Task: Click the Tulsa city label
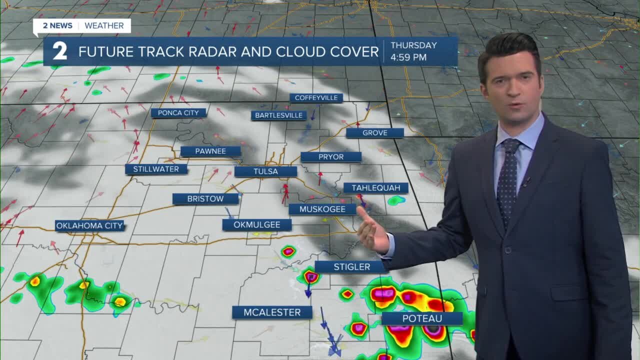tap(265, 171)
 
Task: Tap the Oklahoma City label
tap(89, 226)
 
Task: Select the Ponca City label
tap(178, 113)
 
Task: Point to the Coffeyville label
tap(316, 98)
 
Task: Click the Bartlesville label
tap(278, 115)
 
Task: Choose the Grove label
tap(375, 133)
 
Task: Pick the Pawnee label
tap(210, 151)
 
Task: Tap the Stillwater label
tap(156, 169)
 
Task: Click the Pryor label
tap(331, 157)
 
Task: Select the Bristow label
tap(205, 199)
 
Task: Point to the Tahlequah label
tap(376, 188)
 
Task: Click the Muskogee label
tap(322, 209)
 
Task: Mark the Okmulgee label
tap(257, 225)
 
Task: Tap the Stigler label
tap(352, 267)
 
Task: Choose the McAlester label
tap(272, 312)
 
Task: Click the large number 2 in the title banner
tap(59, 51)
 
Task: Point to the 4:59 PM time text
tap(408, 57)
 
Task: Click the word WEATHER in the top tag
tap(104, 25)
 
